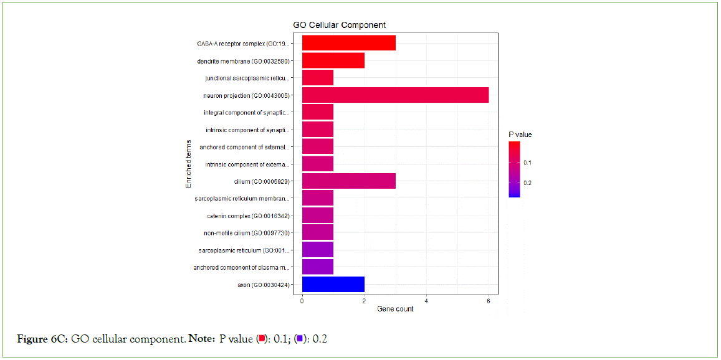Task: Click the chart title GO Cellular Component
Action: (339, 25)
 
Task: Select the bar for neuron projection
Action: (395, 95)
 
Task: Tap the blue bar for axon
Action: (333, 285)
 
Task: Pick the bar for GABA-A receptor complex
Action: (348, 44)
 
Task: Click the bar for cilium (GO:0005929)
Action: (348, 181)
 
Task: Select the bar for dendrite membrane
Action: (333, 60)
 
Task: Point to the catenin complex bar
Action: (317, 216)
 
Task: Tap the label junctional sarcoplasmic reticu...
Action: (247, 78)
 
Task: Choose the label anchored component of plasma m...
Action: (241, 268)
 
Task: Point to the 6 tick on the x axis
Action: (489, 301)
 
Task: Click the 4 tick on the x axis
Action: (426, 301)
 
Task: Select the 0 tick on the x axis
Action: (302, 301)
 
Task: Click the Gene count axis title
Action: (395, 309)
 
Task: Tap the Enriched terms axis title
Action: (188, 164)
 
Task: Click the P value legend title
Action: (520, 135)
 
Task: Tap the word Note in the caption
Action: (201, 339)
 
